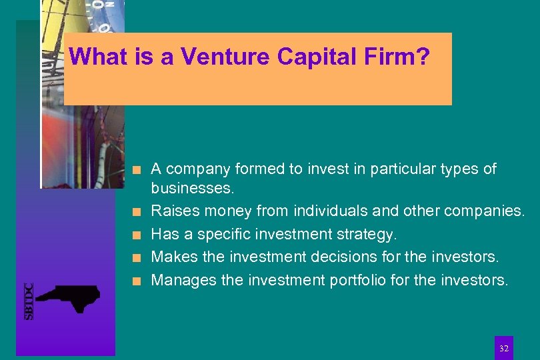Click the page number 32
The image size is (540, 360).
coord(504,348)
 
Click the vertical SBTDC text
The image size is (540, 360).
coord(29,301)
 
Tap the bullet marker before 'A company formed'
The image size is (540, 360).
coord(137,169)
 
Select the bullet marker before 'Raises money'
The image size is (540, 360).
coord(137,212)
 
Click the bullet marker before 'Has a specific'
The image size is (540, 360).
coord(137,235)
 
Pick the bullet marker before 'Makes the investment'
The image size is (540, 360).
coord(137,257)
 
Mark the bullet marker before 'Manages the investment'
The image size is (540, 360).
coord(137,280)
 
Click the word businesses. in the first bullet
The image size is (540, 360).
coord(193,189)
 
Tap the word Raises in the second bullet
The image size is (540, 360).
coord(171,211)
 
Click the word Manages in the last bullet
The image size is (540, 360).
coord(178,279)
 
